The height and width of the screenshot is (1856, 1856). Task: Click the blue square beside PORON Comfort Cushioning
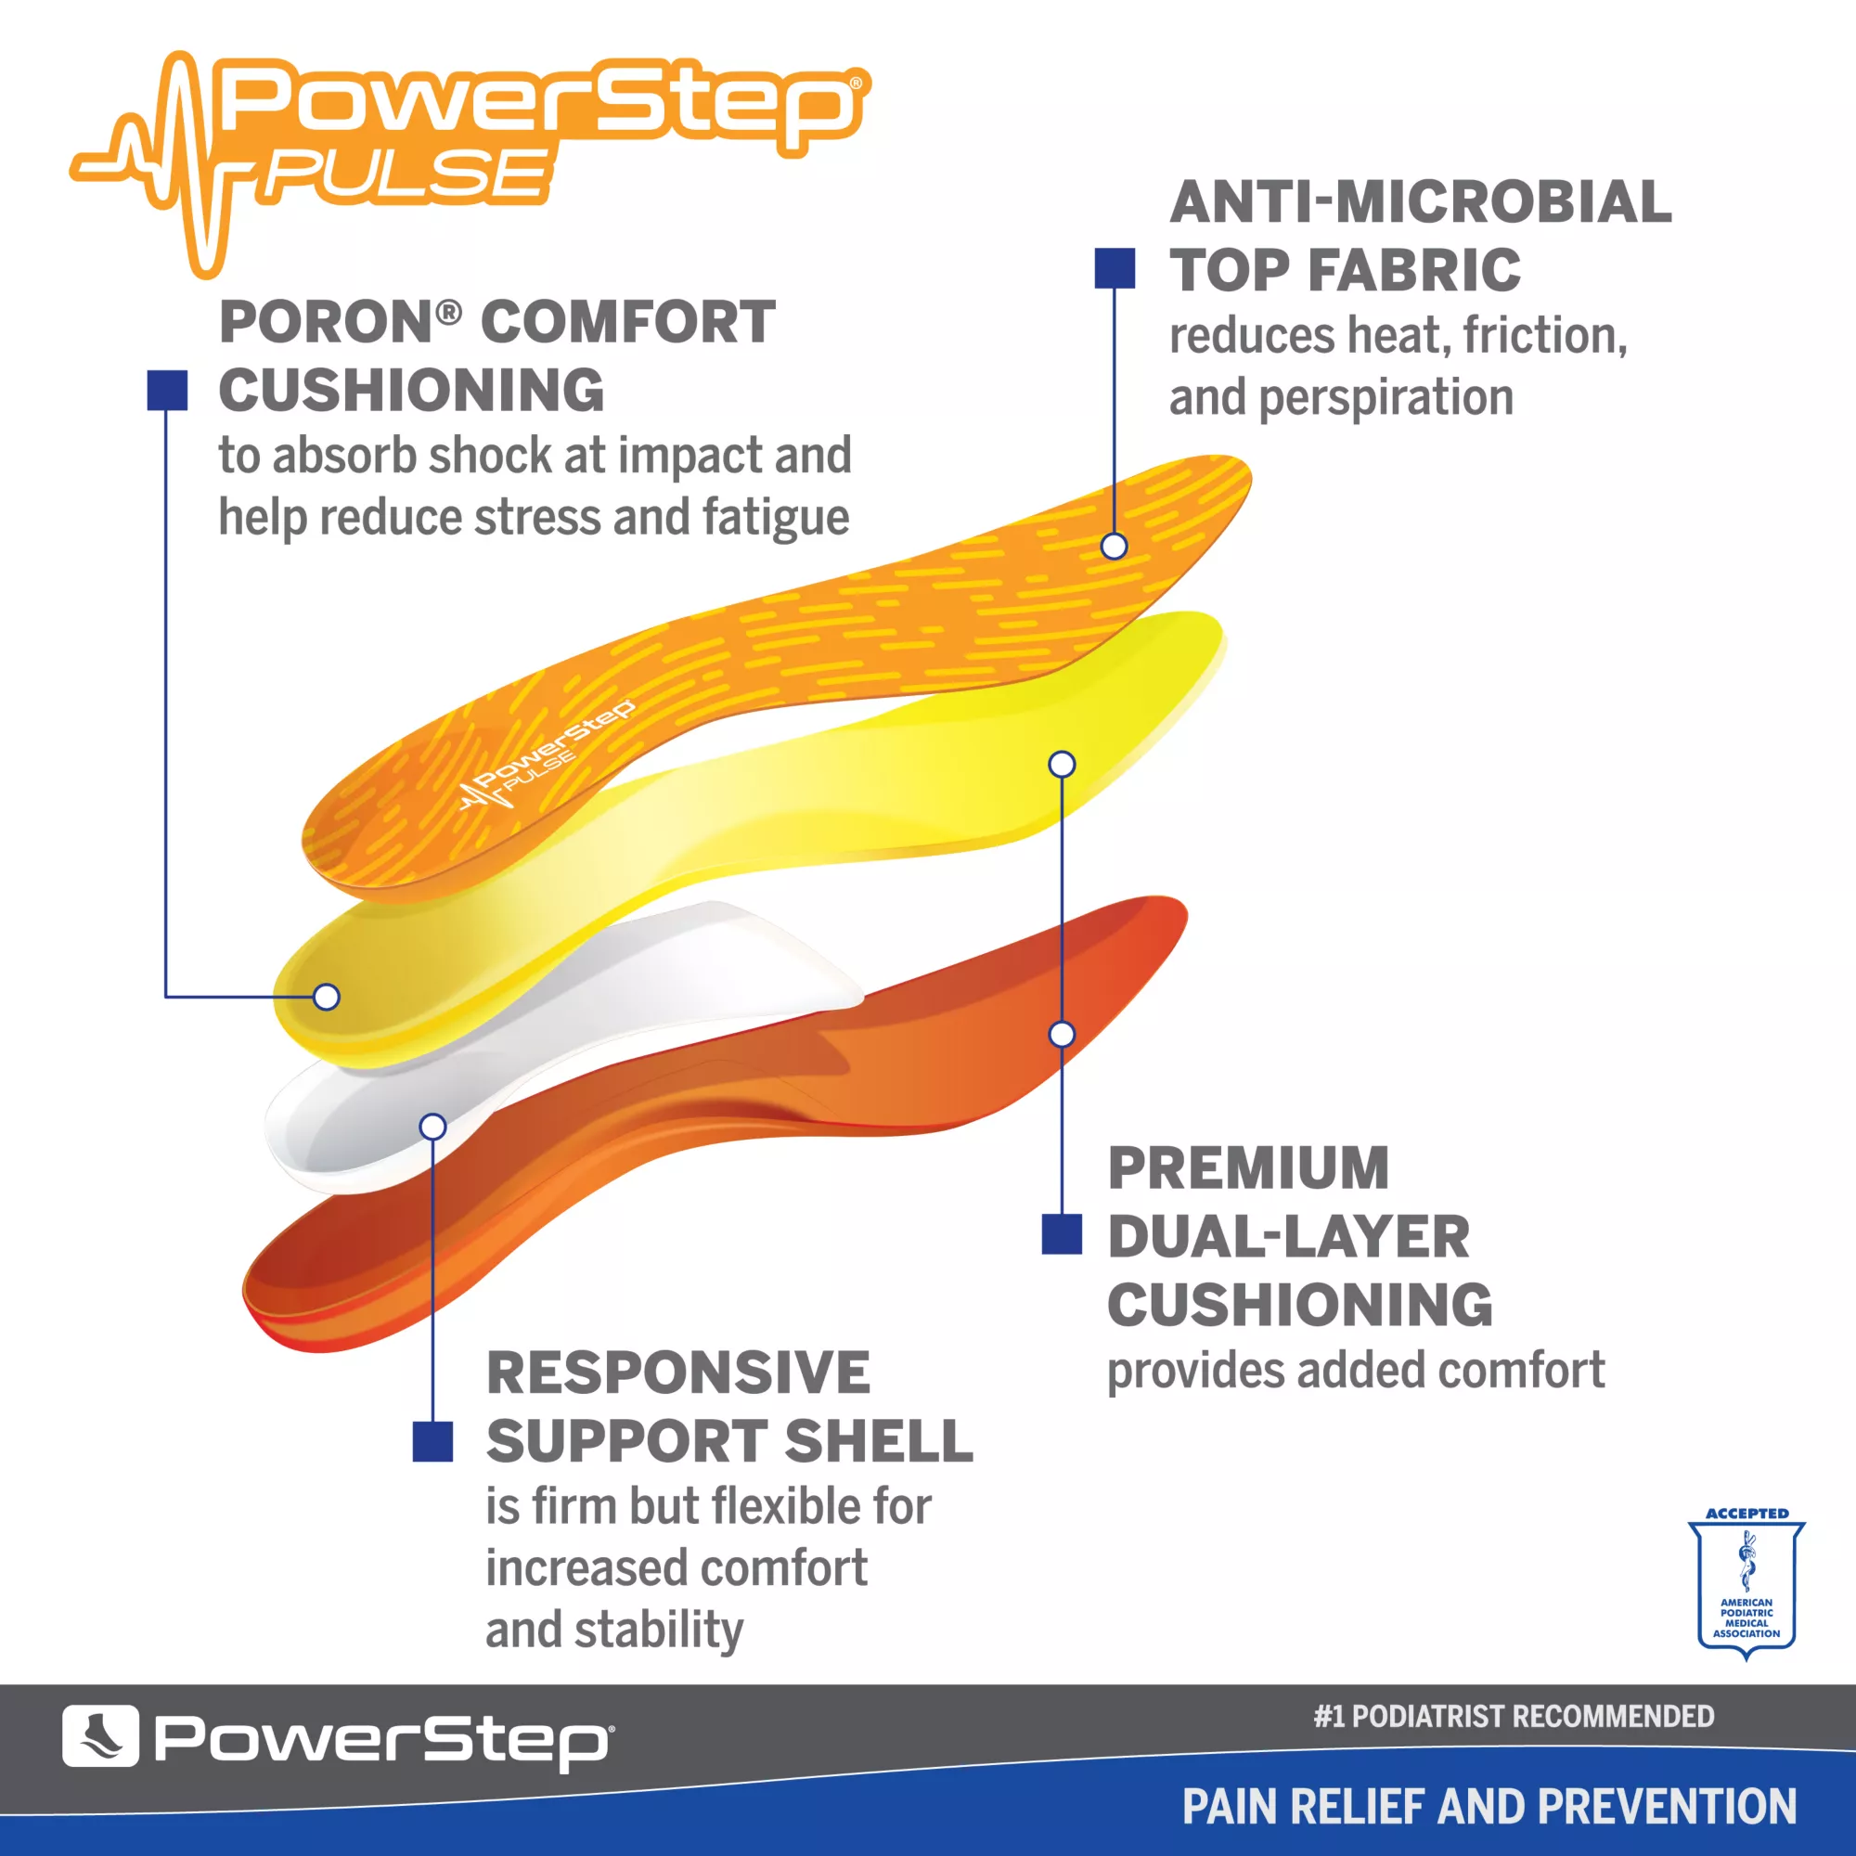pos(167,390)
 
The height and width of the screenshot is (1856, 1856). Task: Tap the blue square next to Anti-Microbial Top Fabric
pos(1115,268)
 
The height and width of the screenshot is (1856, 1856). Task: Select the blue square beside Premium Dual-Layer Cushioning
pos(1062,1233)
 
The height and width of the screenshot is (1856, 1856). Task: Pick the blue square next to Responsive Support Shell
pos(432,1441)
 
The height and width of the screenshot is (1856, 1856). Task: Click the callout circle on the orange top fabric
pos(1114,546)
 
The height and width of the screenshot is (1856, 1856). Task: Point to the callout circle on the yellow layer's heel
pos(327,996)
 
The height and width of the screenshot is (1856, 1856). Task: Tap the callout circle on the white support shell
pos(433,1126)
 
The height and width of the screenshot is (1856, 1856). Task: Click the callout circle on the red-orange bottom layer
pos(1062,1034)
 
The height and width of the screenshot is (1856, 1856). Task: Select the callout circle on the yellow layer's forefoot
pos(1062,764)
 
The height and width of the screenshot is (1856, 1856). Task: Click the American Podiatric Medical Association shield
pos(1746,1584)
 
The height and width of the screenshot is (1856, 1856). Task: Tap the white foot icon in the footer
pos(101,1735)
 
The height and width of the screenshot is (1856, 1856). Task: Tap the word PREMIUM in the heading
pos(1249,1167)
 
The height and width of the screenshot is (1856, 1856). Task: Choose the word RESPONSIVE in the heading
pos(678,1372)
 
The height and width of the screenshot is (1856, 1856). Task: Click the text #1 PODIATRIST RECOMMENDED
pos(1514,1716)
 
